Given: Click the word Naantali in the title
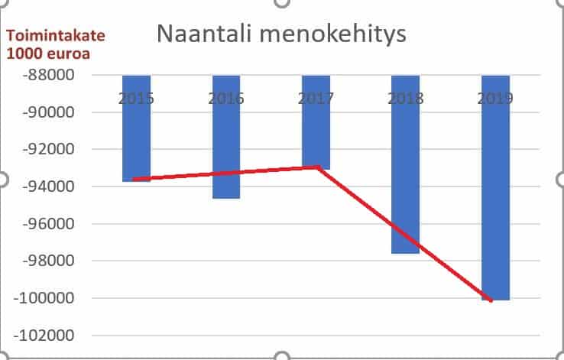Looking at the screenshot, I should click(200, 35).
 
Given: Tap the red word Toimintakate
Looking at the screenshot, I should click(56, 36).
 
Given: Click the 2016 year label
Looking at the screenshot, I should click(226, 99).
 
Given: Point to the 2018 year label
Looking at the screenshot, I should click(405, 99).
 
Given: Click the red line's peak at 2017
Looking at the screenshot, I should click(316, 167).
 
